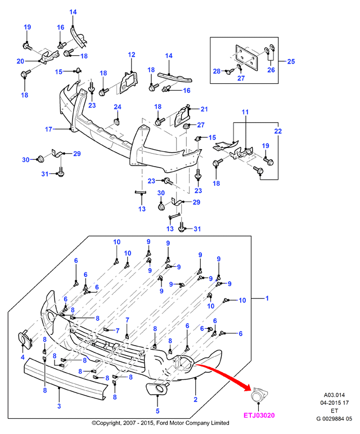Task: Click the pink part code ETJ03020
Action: click(259, 415)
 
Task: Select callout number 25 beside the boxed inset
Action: click(291, 61)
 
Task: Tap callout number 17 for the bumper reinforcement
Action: click(48, 129)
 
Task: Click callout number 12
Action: click(132, 55)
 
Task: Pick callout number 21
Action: click(204, 109)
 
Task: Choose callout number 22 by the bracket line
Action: click(278, 131)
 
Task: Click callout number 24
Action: click(118, 107)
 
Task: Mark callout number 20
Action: click(20, 61)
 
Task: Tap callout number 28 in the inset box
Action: click(217, 71)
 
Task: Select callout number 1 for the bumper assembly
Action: click(267, 298)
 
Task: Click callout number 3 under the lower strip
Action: click(59, 406)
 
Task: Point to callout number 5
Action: click(157, 411)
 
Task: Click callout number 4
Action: click(22, 357)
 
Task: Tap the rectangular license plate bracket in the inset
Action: click(246, 58)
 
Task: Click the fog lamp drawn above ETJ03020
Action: click(259, 395)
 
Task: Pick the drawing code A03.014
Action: click(334, 395)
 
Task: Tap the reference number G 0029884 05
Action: click(334, 418)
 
